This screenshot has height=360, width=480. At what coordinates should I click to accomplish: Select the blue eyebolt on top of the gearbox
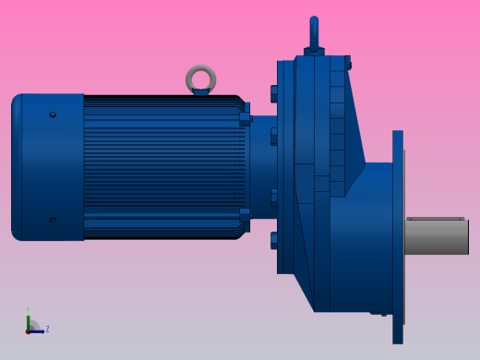pos(314,30)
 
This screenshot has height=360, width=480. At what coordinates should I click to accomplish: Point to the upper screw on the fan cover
pos(53,114)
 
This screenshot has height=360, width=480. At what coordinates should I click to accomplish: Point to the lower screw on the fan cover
pos(53,220)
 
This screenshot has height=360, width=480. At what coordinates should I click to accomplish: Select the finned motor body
pos(162,167)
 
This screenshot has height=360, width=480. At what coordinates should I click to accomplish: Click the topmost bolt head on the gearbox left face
pos(274,93)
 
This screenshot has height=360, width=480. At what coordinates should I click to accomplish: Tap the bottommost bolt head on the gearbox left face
pos(274,241)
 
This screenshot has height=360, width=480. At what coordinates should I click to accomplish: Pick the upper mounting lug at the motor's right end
pos(245,116)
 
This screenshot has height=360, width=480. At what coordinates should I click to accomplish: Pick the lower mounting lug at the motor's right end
pos(245,219)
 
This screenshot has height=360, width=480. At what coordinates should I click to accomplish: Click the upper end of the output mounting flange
pos(398,143)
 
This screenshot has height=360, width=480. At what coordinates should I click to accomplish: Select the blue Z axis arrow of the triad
pos(39,330)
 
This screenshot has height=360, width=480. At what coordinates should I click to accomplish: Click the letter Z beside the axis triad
pos(47,329)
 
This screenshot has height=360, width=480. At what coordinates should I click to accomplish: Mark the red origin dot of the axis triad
pos(28,330)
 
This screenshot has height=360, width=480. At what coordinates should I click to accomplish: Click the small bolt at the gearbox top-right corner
pos(348,63)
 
